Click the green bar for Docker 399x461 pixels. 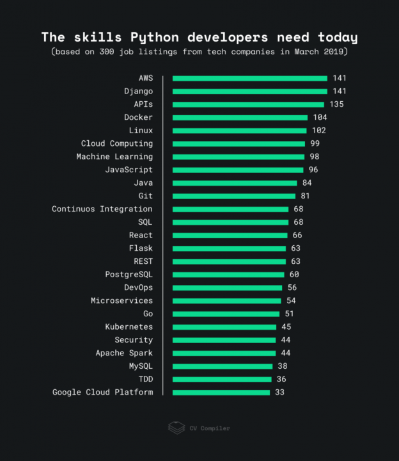(240, 118)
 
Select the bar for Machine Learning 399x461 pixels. (238, 157)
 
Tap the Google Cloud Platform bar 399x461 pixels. (221, 392)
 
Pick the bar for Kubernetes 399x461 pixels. (224, 327)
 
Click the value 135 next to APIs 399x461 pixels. (336, 104)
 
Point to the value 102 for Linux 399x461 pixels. (318, 131)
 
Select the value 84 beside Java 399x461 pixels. (307, 183)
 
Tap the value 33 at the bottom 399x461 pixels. (279, 392)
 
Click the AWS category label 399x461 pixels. (146, 78)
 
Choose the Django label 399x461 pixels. (139, 92)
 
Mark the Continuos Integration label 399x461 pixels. (102, 209)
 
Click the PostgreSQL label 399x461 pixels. (129, 275)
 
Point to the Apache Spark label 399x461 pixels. (124, 353)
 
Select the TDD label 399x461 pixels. (146, 380)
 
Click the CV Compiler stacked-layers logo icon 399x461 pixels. (176, 428)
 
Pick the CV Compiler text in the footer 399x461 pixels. (210, 428)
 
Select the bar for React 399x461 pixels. (230, 236)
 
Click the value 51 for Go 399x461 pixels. (289, 314)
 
